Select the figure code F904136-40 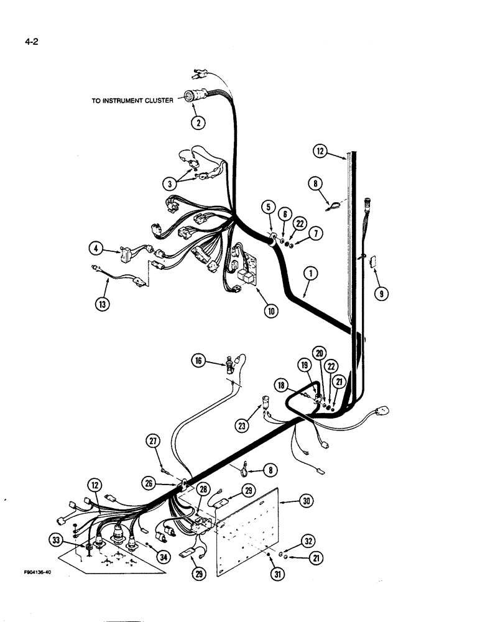point(29,572)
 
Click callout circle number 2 point(198,123)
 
